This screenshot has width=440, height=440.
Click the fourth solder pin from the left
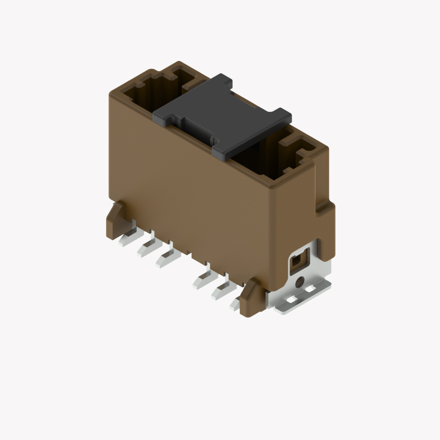203,279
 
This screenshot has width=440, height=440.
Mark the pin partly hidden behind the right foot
235,302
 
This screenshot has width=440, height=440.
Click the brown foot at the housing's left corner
115,220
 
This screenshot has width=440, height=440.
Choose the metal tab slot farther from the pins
310,289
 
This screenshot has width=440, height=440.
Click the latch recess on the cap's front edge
197,131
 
